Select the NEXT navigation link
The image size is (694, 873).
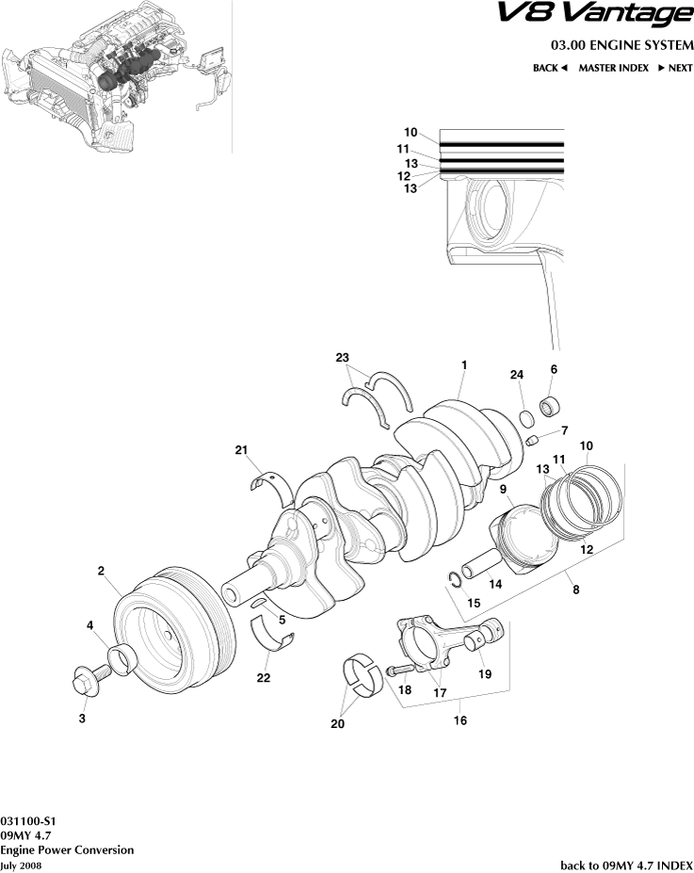click(674, 68)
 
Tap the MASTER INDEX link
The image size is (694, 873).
click(613, 68)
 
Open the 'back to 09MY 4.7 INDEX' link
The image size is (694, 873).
click(626, 865)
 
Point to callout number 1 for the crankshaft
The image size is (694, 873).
click(464, 364)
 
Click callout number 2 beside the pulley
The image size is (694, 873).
click(101, 571)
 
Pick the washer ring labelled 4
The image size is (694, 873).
click(121, 656)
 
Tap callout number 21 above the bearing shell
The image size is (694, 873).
click(242, 451)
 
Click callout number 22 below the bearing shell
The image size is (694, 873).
click(264, 678)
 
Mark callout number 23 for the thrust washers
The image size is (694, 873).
click(342, 358)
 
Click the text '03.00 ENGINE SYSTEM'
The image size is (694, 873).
click(621, 45)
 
